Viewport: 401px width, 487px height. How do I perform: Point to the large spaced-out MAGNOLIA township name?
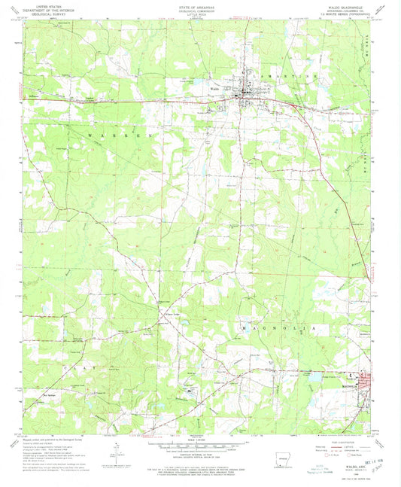279,328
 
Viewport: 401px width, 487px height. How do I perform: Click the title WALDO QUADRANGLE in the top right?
348,8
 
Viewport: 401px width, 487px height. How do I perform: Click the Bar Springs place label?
50,394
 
